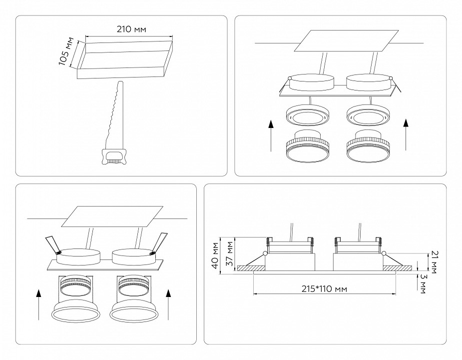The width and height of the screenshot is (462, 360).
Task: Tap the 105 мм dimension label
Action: click(x=63, y=51)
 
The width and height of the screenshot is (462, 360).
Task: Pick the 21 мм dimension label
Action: click(x=434, y=262)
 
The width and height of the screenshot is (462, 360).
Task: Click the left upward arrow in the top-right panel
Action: click(x=270, y=134)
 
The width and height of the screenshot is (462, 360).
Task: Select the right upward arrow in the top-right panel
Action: click(x=407, y=134)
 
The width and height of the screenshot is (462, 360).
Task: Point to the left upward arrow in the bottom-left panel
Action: click(x=38, y=304)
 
